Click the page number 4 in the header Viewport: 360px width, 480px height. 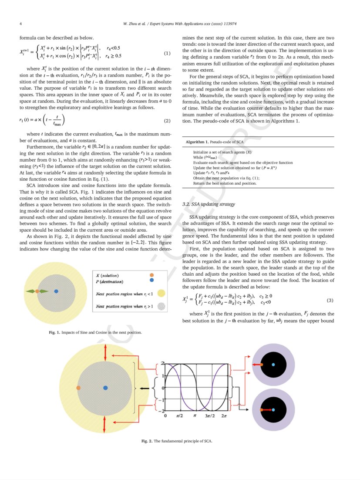point(20,23)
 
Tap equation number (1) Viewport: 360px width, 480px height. point(167,53)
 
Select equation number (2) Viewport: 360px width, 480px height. point(167,120)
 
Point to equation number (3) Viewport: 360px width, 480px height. point(330,300)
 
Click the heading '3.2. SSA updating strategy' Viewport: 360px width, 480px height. point(209,204)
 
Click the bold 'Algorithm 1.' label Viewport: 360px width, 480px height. point(197,142)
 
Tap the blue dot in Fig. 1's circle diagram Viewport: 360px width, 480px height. point(56,291)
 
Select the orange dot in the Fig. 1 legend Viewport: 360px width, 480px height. point(151,275)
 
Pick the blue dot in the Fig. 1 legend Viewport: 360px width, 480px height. point(151,281)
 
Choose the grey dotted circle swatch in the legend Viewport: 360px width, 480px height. point(161,307)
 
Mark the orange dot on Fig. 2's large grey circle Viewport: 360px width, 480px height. point(78,387)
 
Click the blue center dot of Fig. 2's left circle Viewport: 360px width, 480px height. point(105,387)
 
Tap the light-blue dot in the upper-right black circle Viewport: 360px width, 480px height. point(273,364)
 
